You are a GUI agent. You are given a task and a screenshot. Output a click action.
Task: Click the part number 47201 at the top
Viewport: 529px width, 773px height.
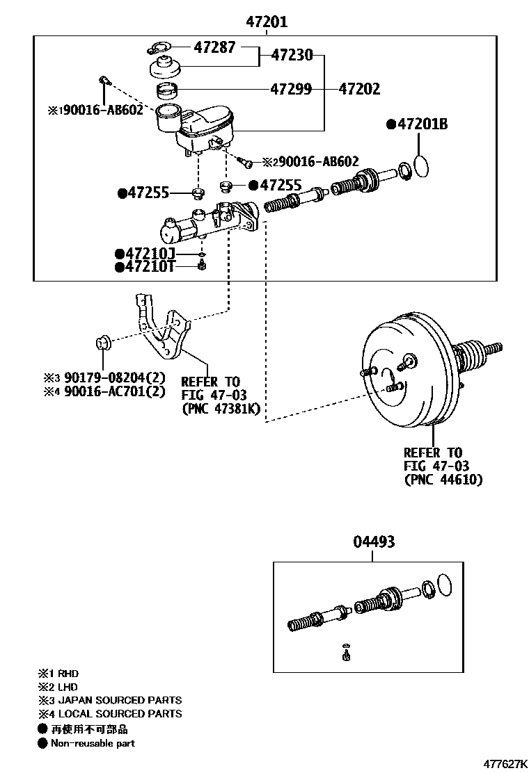click(266, 22)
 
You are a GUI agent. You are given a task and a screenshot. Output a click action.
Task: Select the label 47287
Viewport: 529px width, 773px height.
click(215, 47)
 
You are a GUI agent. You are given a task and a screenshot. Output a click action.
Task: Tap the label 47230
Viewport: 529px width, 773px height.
click(292, 54)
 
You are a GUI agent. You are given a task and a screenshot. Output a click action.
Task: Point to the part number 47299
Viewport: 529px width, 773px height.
click(291, 89)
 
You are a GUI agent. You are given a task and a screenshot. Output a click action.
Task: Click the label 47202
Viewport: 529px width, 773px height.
click(359, 89)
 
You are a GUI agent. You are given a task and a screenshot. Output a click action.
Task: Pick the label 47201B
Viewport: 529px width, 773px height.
click(422, 124)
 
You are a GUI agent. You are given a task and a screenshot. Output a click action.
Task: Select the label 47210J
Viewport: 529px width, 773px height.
click(150, 254)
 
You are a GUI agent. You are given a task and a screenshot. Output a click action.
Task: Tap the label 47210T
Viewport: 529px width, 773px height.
click(150, 267)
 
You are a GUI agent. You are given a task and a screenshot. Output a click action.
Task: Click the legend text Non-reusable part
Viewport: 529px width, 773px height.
click(92, 743)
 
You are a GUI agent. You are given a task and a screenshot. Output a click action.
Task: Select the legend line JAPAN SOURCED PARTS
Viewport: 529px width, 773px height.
click(119, 700)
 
